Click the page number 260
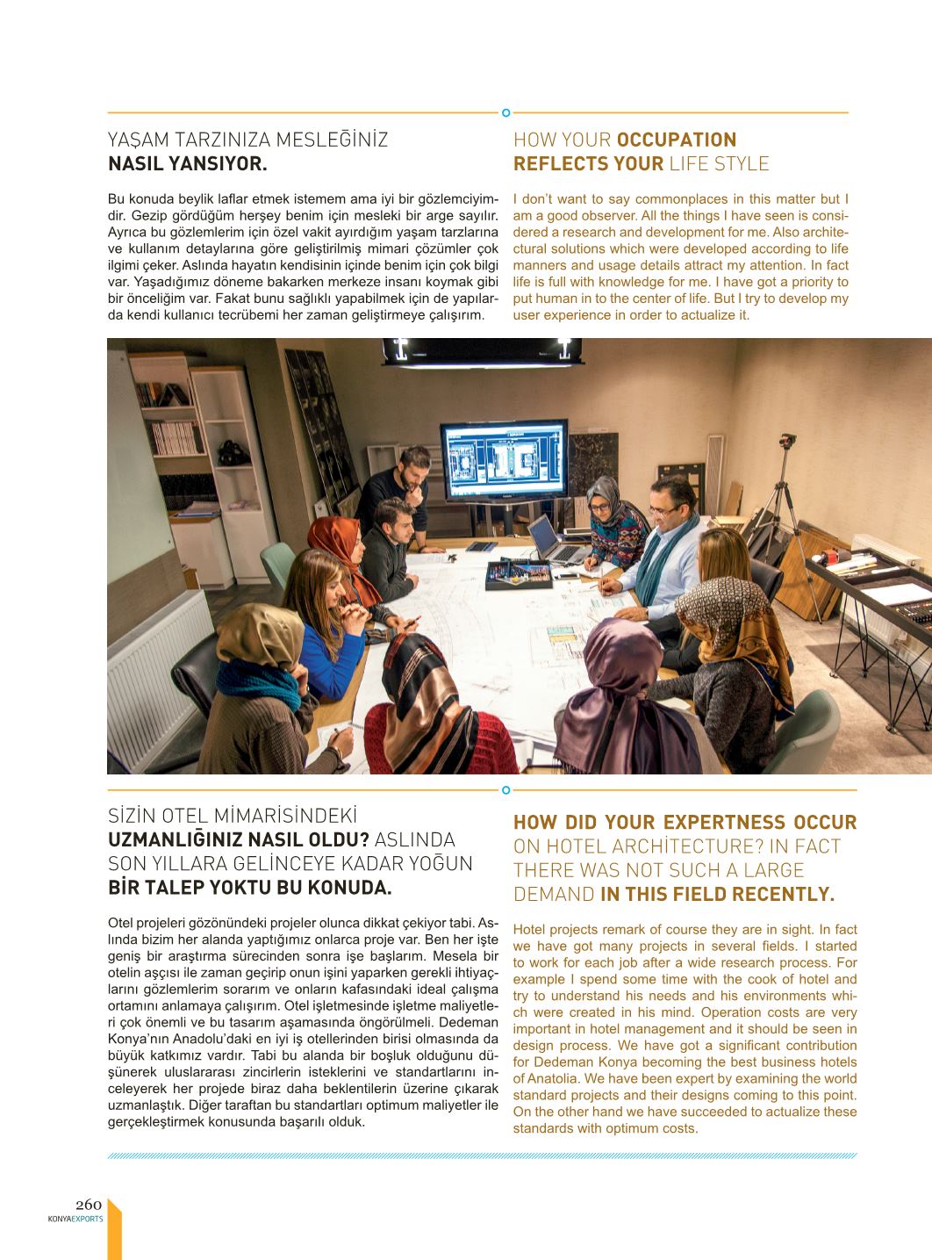click(89, 1205)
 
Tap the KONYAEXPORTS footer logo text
click(75, 1219)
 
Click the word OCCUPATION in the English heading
click(677, 140)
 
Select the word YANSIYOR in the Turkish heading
click(219, 163)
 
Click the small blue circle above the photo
click(505, 112)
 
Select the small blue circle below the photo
click(505, 790)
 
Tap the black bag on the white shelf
click(231, 453)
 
